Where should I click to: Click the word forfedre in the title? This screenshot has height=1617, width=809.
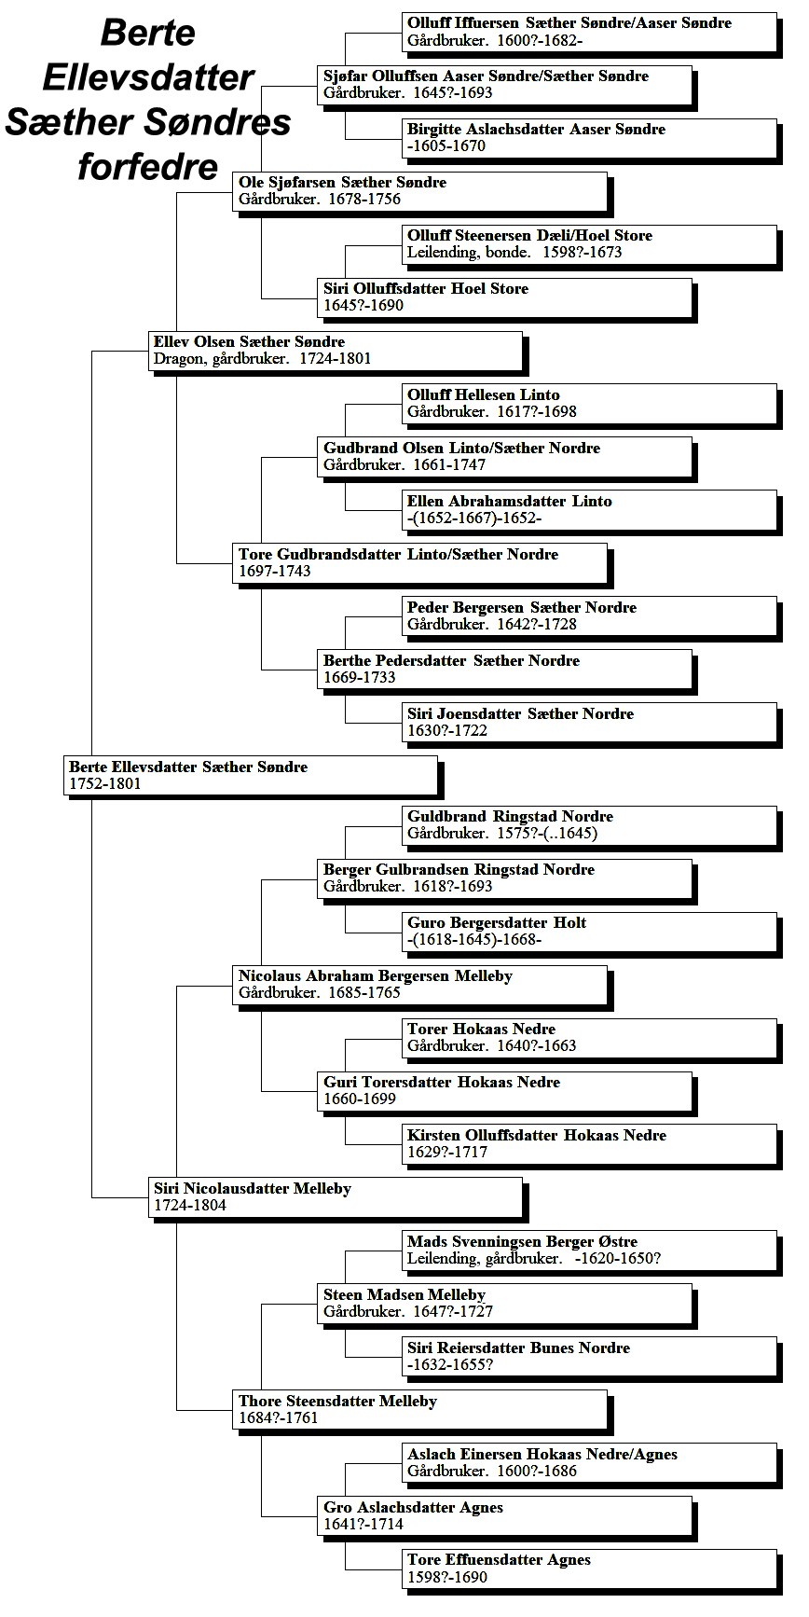(x=147, y=167)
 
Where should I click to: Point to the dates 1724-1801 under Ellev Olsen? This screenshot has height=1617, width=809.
(x=335, y=359)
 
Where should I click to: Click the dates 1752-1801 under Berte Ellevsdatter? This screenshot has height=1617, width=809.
(x=105, y=784)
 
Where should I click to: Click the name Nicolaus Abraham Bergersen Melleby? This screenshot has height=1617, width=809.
(x=376, y=976)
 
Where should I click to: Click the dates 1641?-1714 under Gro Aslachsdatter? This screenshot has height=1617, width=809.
(x=363, y=1524)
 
